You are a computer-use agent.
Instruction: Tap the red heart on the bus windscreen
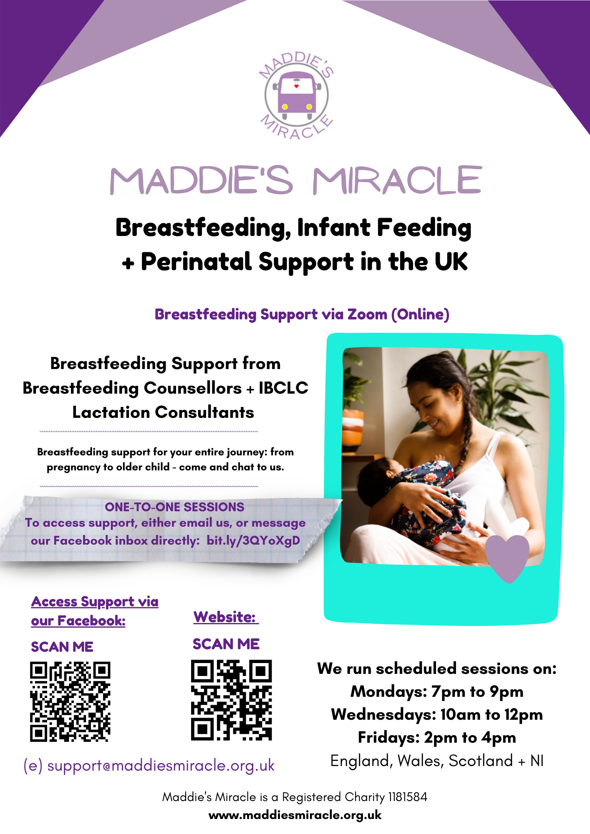pos(297,86)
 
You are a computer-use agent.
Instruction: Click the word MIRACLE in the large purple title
pos(398,180)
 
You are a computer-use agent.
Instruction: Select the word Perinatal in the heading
pos(197,262)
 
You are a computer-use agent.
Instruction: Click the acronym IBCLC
pos(283,388)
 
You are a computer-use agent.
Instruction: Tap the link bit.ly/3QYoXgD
pos(253,540)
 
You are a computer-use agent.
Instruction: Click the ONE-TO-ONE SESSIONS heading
pos(174,507)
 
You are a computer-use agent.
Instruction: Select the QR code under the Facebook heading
pos(70,702)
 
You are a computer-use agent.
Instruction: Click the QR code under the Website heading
pos(232,700)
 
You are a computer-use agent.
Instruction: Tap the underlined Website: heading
pos(226,617)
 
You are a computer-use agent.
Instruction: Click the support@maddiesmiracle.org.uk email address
pos(149,766)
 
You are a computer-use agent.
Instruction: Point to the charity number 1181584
pos(408,797)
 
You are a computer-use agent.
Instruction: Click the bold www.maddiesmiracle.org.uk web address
pos(295,815)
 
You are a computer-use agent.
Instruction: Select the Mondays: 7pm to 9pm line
pos(437,691)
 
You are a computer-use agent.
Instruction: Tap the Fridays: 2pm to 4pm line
pos(437,737)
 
